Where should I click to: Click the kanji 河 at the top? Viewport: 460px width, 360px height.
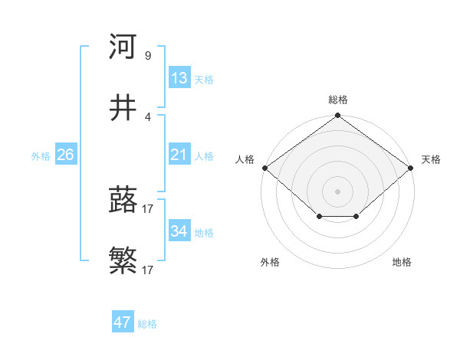point(123,46)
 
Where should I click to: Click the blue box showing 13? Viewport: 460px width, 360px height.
point(179,78)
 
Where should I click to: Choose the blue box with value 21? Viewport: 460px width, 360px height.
point(179,155)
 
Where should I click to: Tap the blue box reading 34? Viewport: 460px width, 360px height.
point(179,231)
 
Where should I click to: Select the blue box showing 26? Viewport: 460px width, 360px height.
point(65,155)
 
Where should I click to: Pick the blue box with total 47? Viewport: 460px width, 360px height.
point(123,322)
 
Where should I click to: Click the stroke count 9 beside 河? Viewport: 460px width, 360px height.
point(147,55)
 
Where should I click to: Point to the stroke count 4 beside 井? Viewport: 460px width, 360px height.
point(147,117)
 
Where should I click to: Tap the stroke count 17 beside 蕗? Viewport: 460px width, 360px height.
point(148,208)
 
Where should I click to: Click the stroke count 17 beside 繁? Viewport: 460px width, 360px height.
point(148,270)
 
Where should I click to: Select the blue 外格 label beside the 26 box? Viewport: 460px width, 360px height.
point(41,155)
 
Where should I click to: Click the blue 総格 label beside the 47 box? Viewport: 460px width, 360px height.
point(147,324)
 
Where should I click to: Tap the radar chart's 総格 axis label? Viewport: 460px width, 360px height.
point(337,100)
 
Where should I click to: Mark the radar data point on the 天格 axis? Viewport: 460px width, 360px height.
point(411,168)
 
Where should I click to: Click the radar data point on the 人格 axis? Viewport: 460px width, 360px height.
point(264,168)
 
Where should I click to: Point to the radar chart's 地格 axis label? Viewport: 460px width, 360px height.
point(402,262)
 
